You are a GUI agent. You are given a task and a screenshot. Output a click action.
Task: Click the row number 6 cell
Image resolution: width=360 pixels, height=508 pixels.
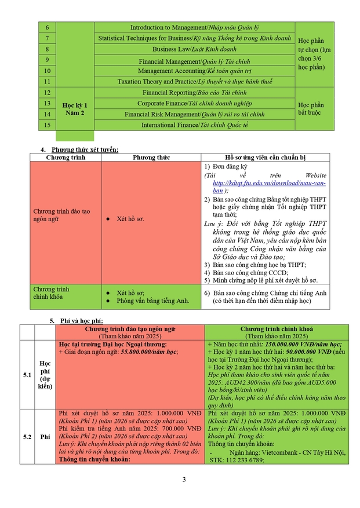pyautogui.click(x=47, y=27)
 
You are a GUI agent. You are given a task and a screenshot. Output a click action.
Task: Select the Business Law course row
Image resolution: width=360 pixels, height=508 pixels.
pyautogui.click(x=194, y=49)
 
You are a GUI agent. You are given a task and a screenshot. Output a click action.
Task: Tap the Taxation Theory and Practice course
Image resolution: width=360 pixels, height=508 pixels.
pyautogui.click(x=194, y=82)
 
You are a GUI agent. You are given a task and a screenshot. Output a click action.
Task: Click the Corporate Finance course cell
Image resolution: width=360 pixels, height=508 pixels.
pyautogui.click(x=194, y=103)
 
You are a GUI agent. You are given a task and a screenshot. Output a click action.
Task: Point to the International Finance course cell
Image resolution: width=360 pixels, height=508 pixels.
pyautogui.click(x=194, y=125)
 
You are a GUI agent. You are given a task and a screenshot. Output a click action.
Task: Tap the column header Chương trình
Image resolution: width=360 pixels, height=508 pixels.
pyautogui.click(x=66, y=157)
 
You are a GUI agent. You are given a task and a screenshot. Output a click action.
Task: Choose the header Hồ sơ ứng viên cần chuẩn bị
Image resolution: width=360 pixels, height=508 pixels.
pyautogui.click(x=265, y=157)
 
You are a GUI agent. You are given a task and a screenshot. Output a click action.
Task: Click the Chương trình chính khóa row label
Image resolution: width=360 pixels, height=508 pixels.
pyautogui.click(x=51, y=293)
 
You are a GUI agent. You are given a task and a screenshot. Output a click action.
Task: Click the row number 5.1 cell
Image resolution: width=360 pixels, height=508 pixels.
pyautogui.click(x=27, y=375)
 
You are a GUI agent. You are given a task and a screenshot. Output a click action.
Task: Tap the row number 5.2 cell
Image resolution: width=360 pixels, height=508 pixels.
pyautogui.click(x=27, y=437)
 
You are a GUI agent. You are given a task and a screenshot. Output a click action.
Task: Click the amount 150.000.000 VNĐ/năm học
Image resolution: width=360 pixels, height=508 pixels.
pyautogui.click(x=304, y=344)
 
